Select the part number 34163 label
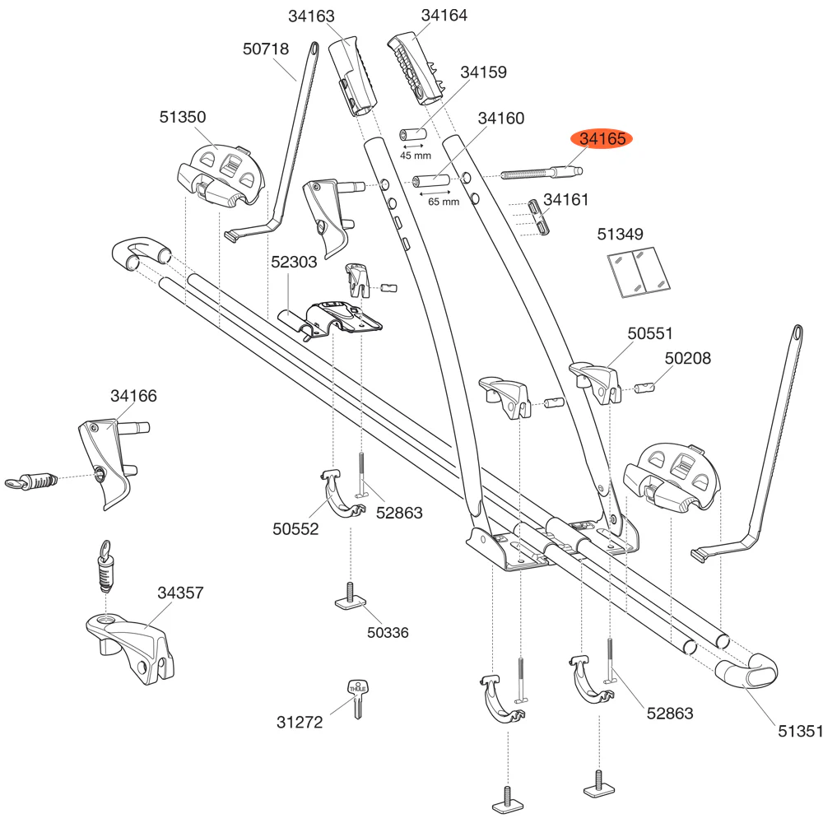coord(312,16)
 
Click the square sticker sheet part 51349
coord(639,272)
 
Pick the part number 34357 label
coord(180,592)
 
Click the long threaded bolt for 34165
coord(543,174)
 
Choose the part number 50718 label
coord(266,49)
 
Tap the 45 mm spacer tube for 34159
coord(411,133)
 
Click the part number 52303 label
coord(294,263)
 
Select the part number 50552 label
coord(295,530)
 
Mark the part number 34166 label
coord(133,396)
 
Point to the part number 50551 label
coord(650,333)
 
